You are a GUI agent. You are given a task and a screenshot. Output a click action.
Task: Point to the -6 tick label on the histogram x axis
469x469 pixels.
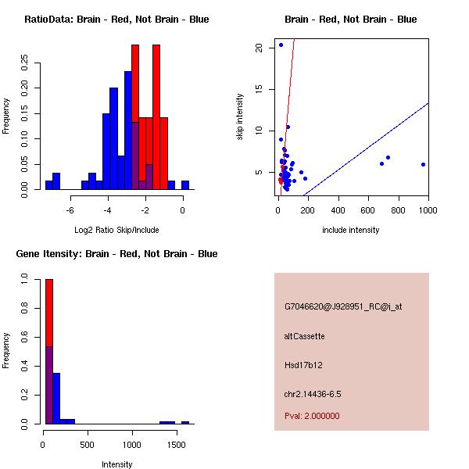tap(70, 209)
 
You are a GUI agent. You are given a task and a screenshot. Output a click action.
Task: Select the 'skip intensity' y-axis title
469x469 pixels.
tap(240, 117)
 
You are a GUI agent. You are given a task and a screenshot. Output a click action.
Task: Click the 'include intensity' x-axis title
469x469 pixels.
tap(351, 230)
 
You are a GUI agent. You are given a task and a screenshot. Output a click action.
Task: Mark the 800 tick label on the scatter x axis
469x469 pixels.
tap(399, 209)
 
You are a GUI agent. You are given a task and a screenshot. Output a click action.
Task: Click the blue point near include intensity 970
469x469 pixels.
tap(423, 164)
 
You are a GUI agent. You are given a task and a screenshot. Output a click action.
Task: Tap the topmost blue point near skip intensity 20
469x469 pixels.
tap(281, 45)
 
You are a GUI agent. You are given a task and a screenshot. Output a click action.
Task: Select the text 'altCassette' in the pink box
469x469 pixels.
tap(305, 336)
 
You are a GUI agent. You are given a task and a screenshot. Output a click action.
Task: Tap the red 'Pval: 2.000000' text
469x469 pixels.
tap(312, 416)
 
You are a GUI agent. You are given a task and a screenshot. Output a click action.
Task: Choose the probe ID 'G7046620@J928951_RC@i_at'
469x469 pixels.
tap(343, 306)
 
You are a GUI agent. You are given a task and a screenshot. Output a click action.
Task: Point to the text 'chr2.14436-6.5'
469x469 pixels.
tap(313, 393)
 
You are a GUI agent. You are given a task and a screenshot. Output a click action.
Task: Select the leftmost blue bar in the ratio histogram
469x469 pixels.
tap(49, 184)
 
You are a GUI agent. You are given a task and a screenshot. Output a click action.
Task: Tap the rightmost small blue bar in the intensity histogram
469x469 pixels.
tap(185, 422)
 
